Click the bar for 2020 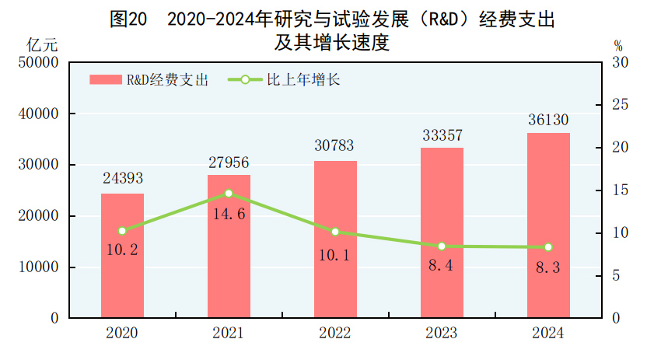pos(122,256)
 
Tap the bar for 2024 pos(548,225)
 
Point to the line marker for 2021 pos(229,193)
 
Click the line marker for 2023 pos(442,246)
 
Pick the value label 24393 pos(122,179)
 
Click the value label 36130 pos(548,120)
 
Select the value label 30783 pos(335,146)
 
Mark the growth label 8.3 pos(548,268)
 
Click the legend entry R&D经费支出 pos(149,79)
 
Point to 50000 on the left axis pos(38,62)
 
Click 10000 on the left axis pos(38,267)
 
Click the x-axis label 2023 pos(442,334)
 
